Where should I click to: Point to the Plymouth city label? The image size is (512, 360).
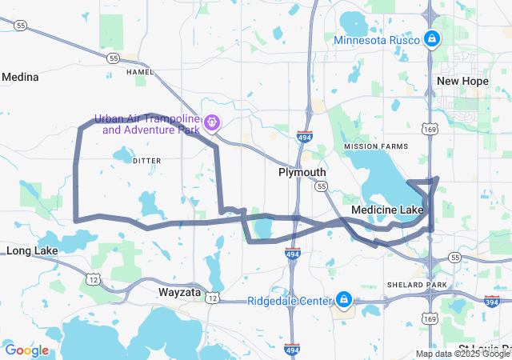coord(302,172)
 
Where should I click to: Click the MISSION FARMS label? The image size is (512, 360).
coord(376,146)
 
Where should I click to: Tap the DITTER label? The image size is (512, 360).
coord(146,161)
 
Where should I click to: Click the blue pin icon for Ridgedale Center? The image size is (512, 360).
coord(344,300)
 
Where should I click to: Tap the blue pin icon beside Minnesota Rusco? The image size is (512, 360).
coord(431,38)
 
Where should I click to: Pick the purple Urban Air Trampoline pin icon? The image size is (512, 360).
coord(211,123)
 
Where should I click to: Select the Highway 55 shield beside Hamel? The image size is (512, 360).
coord(114,58)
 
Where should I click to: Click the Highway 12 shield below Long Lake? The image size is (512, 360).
coord(94,278)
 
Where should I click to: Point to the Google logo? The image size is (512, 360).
coord(26,350)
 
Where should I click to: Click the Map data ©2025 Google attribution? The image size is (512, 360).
coord(462,354)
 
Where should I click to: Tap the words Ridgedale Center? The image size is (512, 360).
coord(289,301)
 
